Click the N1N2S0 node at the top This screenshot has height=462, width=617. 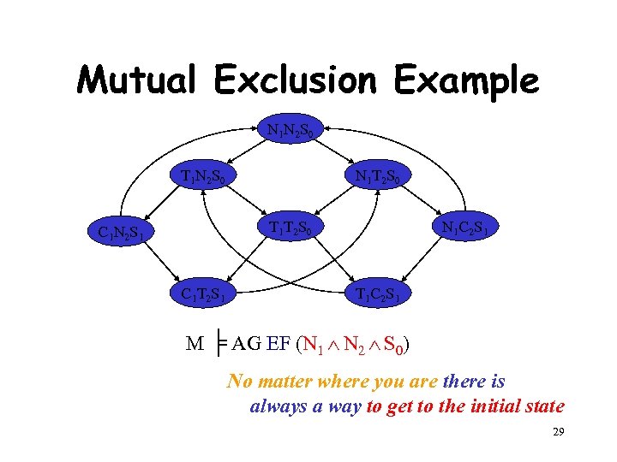296,131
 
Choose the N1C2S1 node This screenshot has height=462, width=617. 466,228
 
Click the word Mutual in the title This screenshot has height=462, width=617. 140,81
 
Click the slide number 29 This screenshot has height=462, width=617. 557,434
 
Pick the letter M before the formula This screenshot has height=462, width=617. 195,345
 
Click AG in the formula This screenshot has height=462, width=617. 247,345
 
